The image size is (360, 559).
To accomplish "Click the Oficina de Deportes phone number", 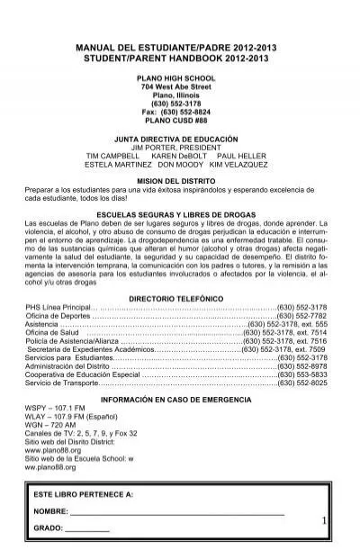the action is point(303,315).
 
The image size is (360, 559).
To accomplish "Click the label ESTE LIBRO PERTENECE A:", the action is point(83,495).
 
